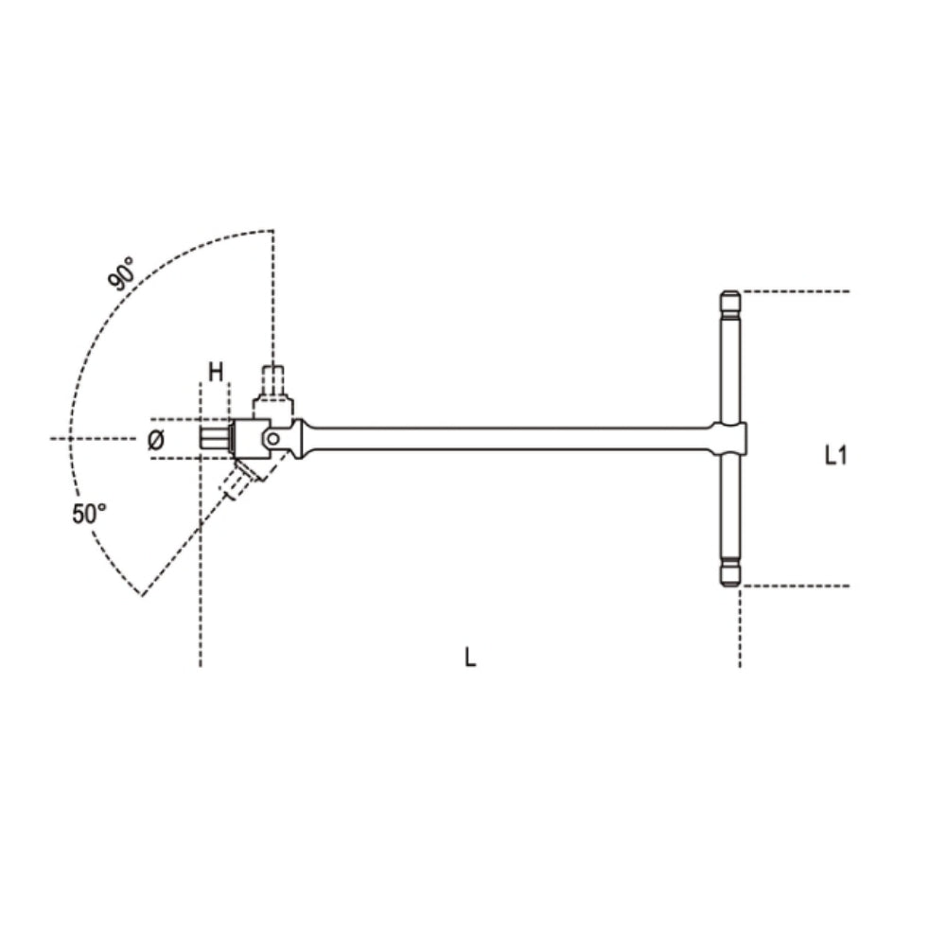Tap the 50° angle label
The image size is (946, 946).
click(x=90, y=514)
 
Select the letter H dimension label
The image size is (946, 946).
click(x=216, y=372)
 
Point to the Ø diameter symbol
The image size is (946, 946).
click(x=157, y=439)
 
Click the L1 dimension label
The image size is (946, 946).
click(x=834, y=456)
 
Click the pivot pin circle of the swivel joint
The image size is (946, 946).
click(x=273, y=438)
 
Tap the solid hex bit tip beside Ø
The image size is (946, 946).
click(x=215, y=439)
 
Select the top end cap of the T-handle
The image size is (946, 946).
click(x=730, y=305)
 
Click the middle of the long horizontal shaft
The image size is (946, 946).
click(x=511, y=438)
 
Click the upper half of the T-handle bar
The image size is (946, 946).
click(x=730, y=369)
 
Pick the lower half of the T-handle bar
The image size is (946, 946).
click(x=730, y=511)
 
